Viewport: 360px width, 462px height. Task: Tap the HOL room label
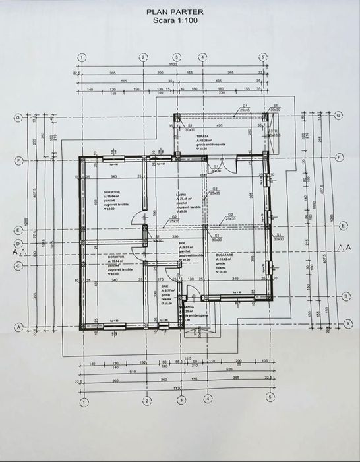(x=181, y=244)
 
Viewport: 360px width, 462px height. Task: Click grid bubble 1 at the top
(x=81, y=57)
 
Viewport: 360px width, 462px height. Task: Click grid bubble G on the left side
(x=18, y=117)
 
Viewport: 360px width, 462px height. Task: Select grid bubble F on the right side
(x=339, y=158)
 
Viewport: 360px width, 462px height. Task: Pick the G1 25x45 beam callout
(x=244, y=107)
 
